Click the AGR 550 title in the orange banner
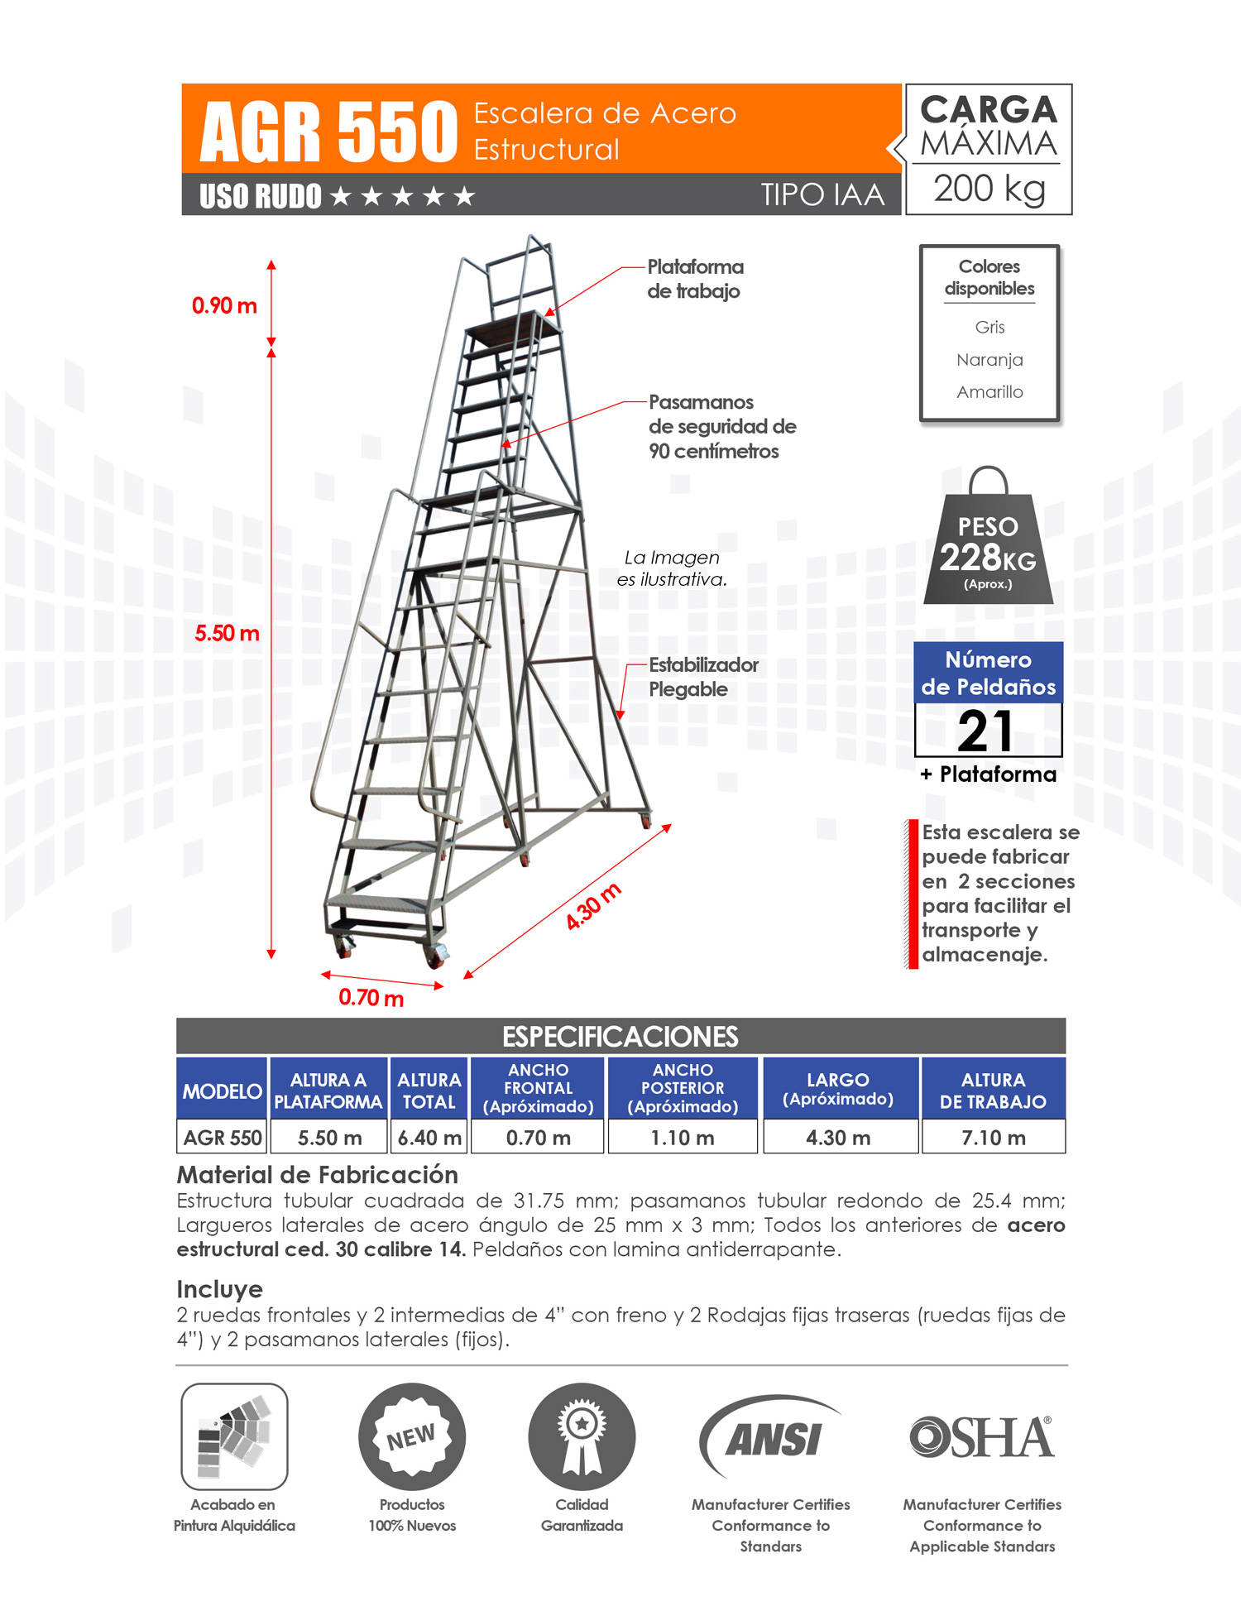click(328, 131)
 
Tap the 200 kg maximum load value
click(989, 189)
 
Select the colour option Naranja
click(989, 360)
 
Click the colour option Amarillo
click(989, 392)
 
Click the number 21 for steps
click(986, 731)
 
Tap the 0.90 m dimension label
click(224, 306)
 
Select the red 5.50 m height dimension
click(227, 634)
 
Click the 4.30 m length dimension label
click(593, 907)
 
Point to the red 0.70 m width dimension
click(371, 998)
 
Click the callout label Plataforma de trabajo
click(695, 279)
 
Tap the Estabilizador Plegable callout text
click(702, 677)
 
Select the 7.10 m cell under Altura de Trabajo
click(993, 1138)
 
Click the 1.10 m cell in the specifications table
click(682, 1138)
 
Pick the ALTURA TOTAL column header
click(429, 1091)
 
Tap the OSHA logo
click(981, 1438)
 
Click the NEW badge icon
click(411, 1437)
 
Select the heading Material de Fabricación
click(317, 1175)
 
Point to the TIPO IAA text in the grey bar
click(822, 195)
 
